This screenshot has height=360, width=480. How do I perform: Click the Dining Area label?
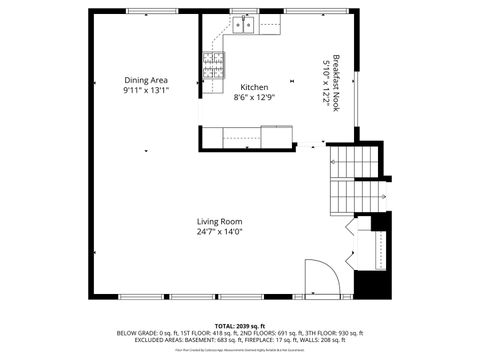click(x=146, y=80)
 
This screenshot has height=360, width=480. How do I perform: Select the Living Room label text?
click(x=218, y=221)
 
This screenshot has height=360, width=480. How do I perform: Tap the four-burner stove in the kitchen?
click(x=212, y=66)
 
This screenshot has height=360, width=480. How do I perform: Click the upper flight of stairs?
click(x=355, y=160)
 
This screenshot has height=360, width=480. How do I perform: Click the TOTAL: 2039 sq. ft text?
click(x=240, y=325)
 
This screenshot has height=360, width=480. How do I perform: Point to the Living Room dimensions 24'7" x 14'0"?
click(x=218, y=231)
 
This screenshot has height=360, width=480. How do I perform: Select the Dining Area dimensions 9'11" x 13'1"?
click(x=146, y=90)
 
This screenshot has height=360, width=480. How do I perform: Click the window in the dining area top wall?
click(x=146, y=11)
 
